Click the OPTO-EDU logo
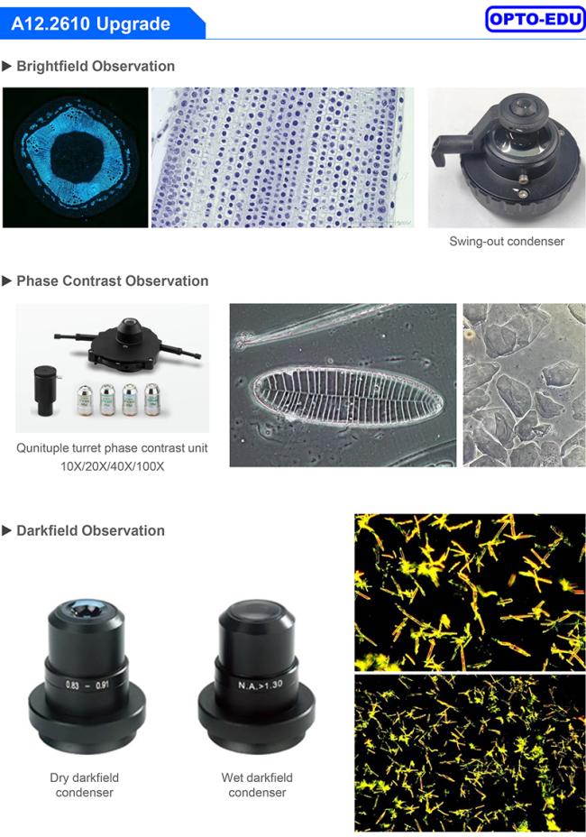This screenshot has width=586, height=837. coord(536,19)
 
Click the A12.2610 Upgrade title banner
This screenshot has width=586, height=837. coord(101,23)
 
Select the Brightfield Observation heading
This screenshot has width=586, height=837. coord(96,66)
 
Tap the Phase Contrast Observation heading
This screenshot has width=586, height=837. coord(112,281)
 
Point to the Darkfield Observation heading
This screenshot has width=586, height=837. coord(90,530)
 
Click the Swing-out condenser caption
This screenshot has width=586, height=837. coord(507,242)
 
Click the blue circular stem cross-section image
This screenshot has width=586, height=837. coord(75,158)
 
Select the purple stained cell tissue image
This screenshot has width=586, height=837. coord(282,158)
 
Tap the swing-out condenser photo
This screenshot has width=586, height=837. coord(507,158)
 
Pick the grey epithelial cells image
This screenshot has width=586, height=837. coord(524,385)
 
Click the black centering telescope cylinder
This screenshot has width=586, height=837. coord(44,391)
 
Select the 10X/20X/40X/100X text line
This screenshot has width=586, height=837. coord(112,466)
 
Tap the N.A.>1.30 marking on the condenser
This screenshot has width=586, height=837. coord(260,685)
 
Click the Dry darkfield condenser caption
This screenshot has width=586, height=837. coord(85,786)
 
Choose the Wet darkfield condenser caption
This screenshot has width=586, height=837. coord(257,786)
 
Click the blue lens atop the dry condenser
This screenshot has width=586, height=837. coord(86,609)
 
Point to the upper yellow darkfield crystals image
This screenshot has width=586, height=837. coord(471,593)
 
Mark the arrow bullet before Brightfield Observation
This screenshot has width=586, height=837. coord(7,66)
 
